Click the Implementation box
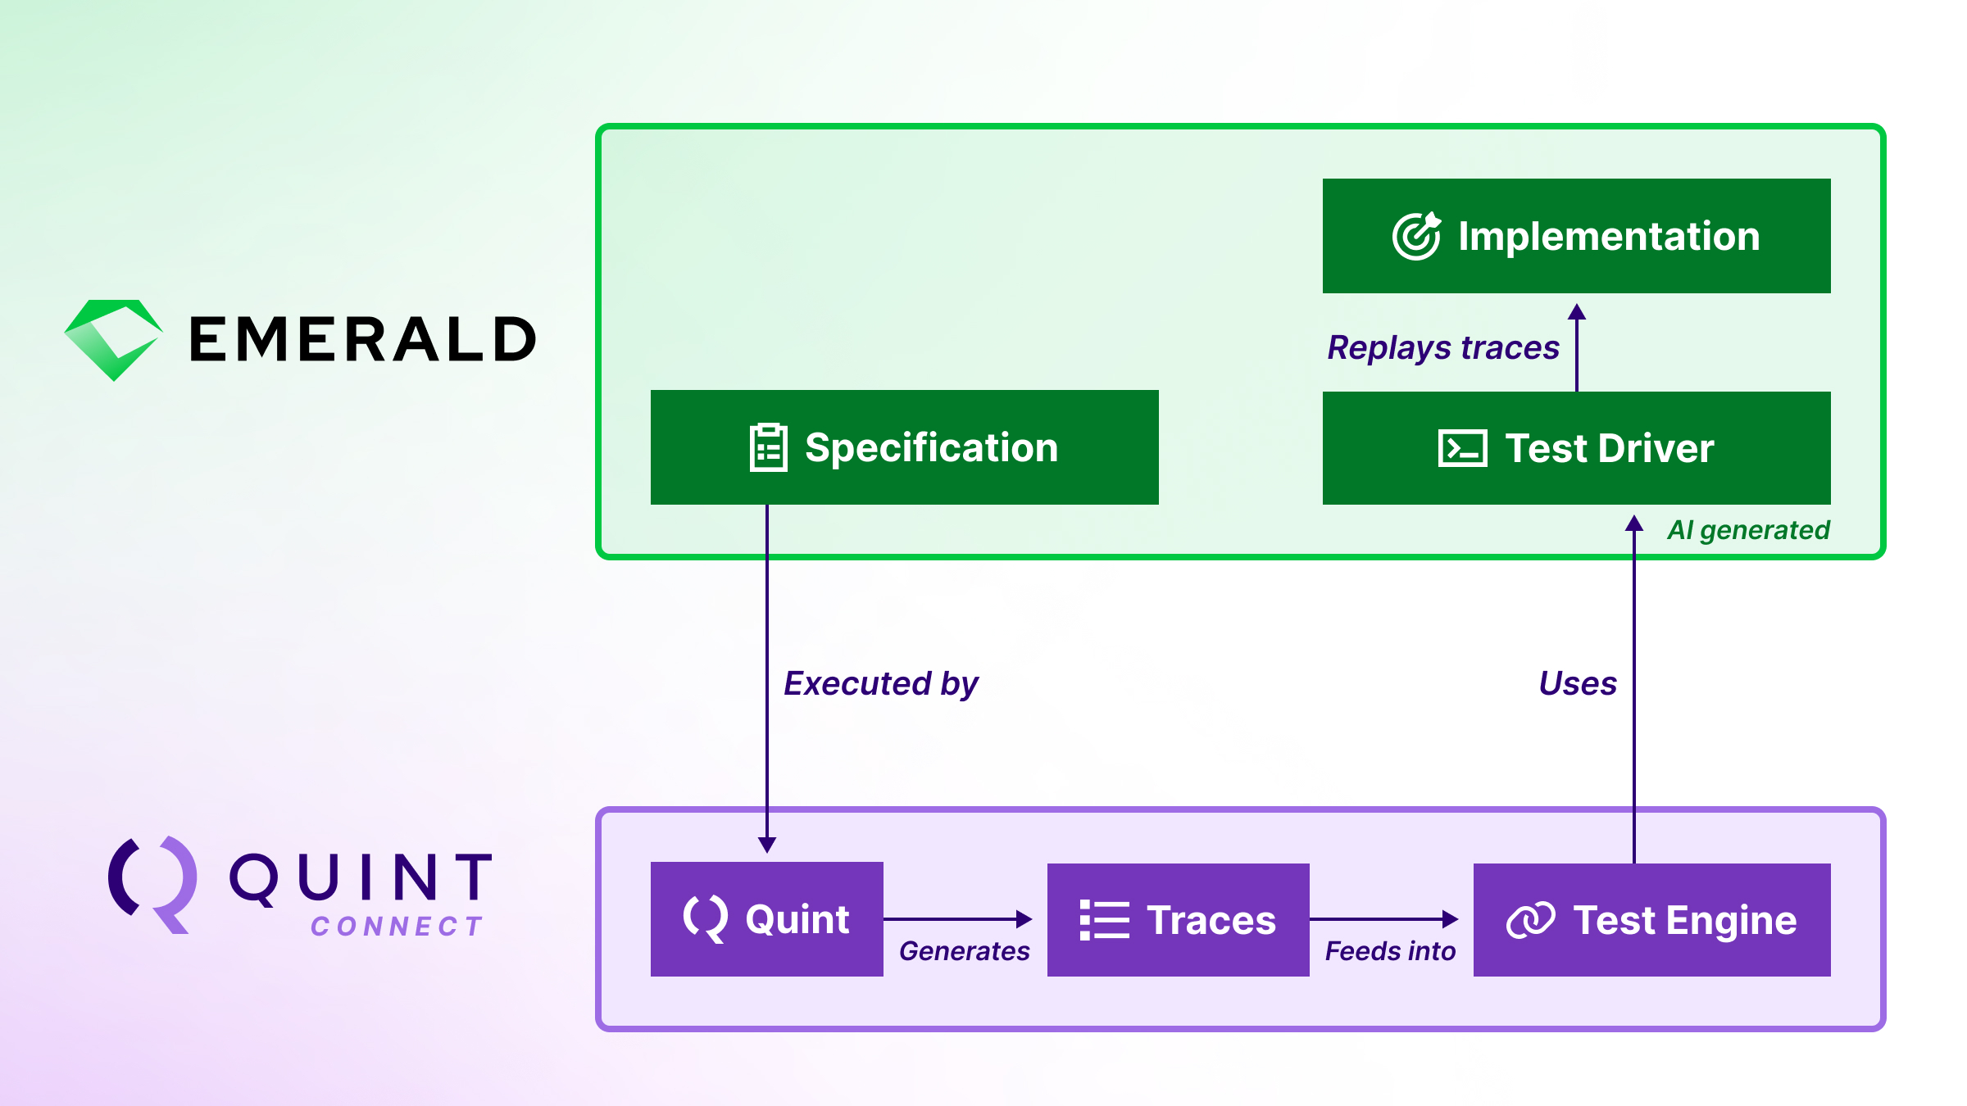point(1575,236)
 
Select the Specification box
point(903,447)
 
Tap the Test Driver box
point(1575,448)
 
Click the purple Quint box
point(766,918)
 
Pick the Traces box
point(1178,919)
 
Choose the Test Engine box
point(1651,919)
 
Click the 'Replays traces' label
point(1442,347)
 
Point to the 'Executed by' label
point(881,683)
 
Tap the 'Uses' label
point(1578,683)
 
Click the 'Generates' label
point(964,951)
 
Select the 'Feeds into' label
point(1390,951)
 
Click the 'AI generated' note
point(1748,530)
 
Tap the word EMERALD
point(362,339)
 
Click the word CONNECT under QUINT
point(397,927)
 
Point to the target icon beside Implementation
point(1415,236)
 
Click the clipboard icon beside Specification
point(768,447)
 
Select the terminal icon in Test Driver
point(1462,448)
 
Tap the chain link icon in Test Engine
point(1530,920)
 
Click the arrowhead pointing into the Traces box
point(1024,919)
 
